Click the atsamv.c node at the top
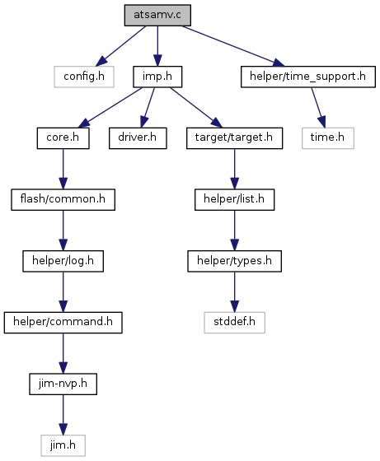tap(157, 15)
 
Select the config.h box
tap(84, 77)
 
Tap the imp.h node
tap(157, 77)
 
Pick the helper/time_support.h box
tap(308, 77)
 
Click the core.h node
tap(63, 138)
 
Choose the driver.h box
tap(138, 138)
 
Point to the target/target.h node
tap(235, 138)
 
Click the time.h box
tap(328, 138)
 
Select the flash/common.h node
tap(63, 199)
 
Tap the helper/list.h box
tap(235, 199)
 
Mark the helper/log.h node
tap(63, 261)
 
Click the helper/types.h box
tap(235, 261)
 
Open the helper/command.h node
tap(63, 323)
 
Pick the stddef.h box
tap(235, 323)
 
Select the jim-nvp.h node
tap(63, 384)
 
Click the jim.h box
tap(63, 445)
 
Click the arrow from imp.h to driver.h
tap(148, 108)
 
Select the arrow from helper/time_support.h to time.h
tap(318, 108)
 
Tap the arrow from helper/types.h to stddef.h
tap(235, 292)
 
